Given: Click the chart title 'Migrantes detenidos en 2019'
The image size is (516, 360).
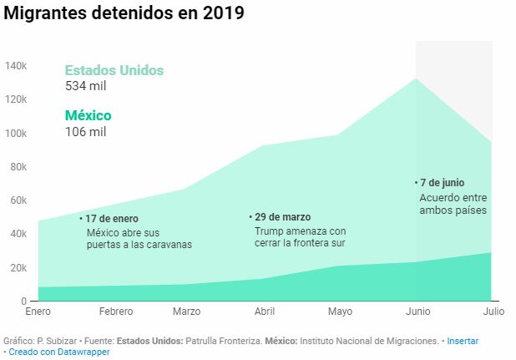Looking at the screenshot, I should pos(125,15).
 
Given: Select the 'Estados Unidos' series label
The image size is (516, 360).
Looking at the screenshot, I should pos(114,70).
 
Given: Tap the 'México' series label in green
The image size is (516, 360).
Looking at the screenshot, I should pos(88,115).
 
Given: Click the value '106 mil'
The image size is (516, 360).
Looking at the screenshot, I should pos(85,131).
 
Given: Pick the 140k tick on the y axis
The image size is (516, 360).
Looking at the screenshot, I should pos(17,66).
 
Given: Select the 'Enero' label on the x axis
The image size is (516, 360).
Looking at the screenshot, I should pos(38,312).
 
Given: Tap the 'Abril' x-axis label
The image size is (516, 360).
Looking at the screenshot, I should pos(264,312).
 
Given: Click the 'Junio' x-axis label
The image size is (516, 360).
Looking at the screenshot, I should pos(417,312).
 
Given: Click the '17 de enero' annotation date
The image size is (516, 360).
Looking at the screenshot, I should pos(112,218).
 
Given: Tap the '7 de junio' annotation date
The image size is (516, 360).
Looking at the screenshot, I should pos(443,182).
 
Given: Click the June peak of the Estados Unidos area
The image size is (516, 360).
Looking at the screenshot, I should pos(416,79).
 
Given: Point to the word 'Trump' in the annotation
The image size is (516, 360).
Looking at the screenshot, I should pos(269,231).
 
